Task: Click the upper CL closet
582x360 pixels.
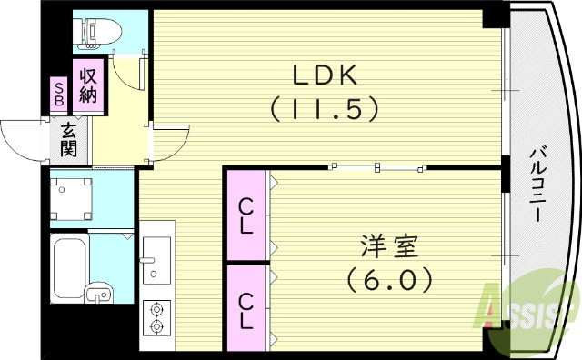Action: (x=246, y=215)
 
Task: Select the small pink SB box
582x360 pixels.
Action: (x=59, y=94)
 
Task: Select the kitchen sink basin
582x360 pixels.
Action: (x=156, y=248)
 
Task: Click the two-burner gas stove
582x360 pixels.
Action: (x=156, y=315)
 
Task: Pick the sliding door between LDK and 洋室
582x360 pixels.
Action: (x=377, y=166)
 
